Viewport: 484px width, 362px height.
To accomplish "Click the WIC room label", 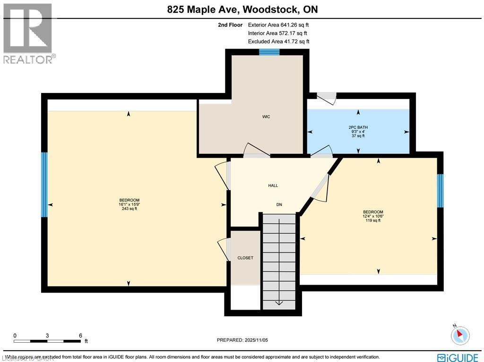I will pos(266,117).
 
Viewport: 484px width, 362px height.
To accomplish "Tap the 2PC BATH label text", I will pos(358,127).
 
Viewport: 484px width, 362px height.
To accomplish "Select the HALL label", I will pos(273,186).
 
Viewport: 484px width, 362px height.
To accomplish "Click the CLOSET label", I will pos(245,258).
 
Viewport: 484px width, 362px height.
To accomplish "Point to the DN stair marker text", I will pos(279,205).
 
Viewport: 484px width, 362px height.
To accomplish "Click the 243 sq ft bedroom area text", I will pos(129,209).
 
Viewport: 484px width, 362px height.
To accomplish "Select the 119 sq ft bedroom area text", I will pos(373,220).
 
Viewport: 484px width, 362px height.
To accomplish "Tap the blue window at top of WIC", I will pos(269,52).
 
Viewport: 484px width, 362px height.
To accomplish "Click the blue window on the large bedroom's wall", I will pos(44,185).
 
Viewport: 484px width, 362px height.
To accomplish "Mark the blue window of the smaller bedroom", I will pos(440,191).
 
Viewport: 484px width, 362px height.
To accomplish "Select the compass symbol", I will pos(459,335).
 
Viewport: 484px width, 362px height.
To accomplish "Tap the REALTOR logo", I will pos(28,33).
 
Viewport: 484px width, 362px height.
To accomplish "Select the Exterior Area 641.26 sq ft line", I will pos(279,25).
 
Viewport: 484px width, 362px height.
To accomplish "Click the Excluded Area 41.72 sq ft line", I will pos(279,42).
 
